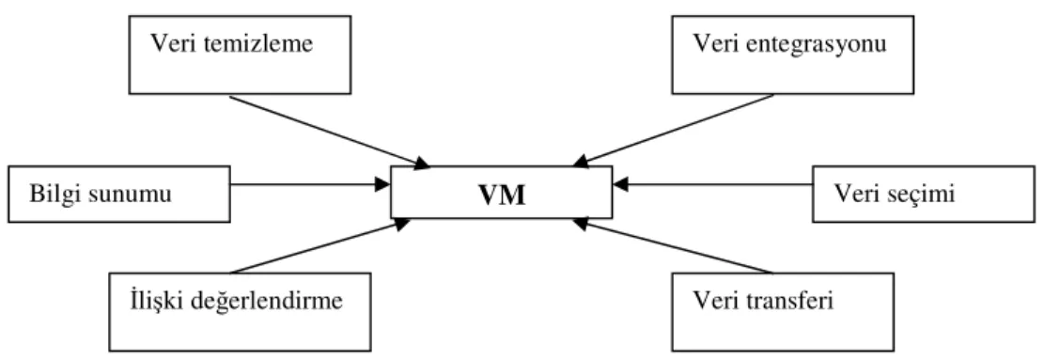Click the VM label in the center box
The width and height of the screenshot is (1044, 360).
pos(503,195)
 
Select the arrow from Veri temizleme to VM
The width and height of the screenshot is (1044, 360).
pos(330,131)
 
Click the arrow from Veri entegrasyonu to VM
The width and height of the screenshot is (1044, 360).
pos(673,130)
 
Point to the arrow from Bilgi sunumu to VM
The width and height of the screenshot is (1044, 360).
pos(310,184)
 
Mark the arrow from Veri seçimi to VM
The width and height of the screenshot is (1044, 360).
pos(712,184)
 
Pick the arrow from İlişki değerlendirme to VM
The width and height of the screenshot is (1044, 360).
pos(320,247)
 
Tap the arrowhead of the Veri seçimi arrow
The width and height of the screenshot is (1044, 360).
pos(620,184)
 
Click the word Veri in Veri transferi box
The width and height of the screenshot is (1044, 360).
pos(717,301)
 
